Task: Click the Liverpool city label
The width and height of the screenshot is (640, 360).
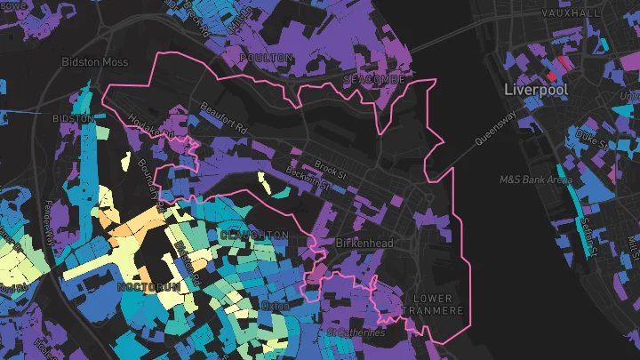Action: coord(535,91)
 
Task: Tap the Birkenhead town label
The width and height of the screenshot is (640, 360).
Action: coord(364,243)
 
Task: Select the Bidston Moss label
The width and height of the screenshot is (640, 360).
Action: coord(94,62)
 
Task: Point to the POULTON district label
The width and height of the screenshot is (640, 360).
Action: coord(267,58)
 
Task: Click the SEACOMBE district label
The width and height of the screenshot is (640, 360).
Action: coord(373,80)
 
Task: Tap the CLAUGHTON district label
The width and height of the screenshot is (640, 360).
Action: coord(253,235)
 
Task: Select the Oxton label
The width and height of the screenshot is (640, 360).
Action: coord(276,306)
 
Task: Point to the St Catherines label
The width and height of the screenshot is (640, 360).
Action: coord(356,332)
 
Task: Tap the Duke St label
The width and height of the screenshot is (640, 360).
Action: coord(591,139)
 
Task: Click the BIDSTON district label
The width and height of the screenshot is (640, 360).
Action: coord(74,118)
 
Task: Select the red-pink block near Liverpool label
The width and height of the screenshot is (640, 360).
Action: coord(562,65)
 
